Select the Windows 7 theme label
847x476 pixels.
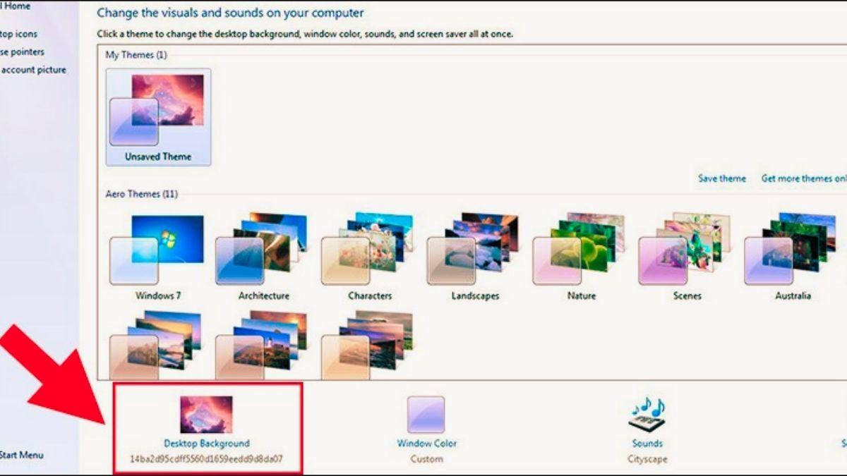pos(158,295)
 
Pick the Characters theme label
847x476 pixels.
pos(369,295)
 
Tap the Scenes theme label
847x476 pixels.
pos(687,295)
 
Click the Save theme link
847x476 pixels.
pos(721,178)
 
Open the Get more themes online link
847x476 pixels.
pos(803,178)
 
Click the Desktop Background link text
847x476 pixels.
pos(206,444)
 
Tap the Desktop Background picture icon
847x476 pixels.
pos(206,414)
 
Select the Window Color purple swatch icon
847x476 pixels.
pos(426,414)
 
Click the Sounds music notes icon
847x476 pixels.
pos(647,415)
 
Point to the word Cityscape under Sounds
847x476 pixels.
pos(647,458)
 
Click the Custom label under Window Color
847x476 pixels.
pos(426,458)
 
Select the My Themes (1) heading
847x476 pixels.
pos(136,55)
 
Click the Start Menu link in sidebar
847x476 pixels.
pos(21,455)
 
